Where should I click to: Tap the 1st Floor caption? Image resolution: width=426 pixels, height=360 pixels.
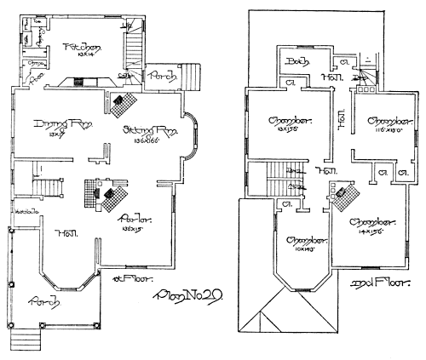click(x=126, y=278)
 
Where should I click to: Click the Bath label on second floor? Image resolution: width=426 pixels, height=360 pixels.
click(x=296, y=62)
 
